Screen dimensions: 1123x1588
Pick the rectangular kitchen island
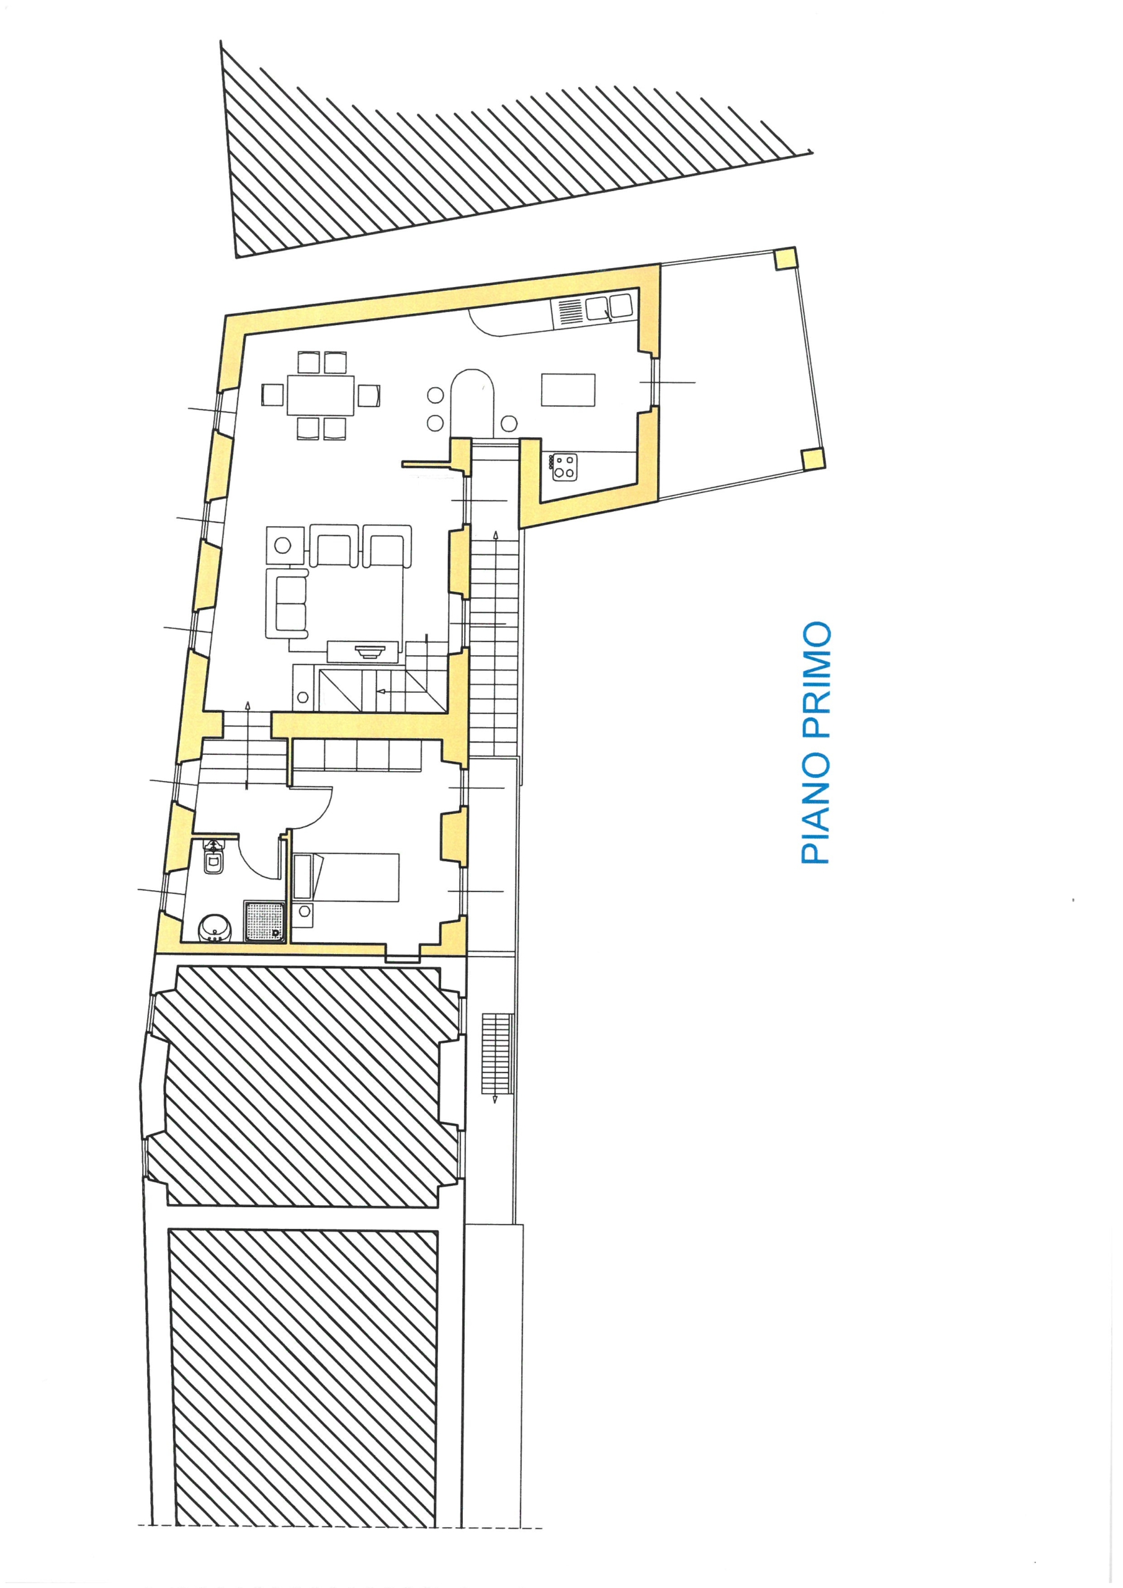point(569,390)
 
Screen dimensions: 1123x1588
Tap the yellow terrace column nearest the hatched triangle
point(785,259)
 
